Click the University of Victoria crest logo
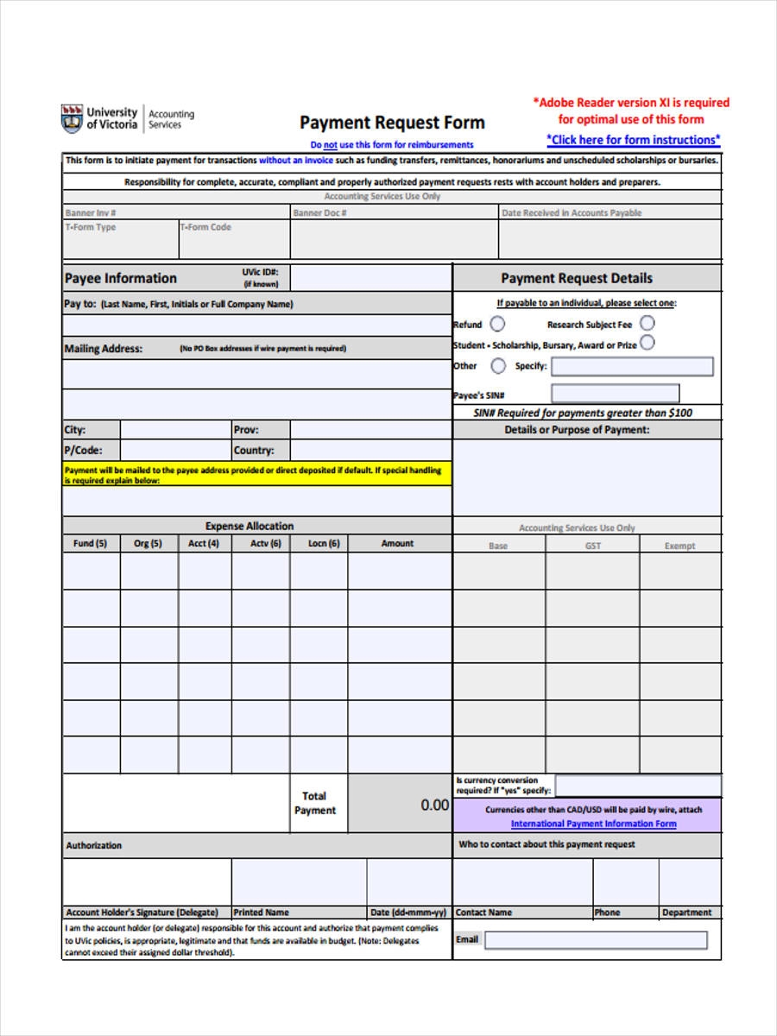point(72,118)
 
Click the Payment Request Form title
point(392,123)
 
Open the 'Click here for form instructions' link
point(633,140)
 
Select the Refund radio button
point(498,324)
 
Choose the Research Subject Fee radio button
point(647,323)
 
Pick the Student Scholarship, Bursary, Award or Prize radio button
point(647,343)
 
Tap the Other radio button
point(498,366)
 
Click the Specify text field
point(632,367)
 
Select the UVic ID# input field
point(370,277)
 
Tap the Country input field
point(370,451)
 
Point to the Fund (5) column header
point(91,544)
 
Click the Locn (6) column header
point(324,544)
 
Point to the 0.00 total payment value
point(434,805)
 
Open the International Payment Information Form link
point(593,824)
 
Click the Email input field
point(595,939)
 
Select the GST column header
point(593,546)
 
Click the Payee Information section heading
point(121,278)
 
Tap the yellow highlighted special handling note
point(256,475)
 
